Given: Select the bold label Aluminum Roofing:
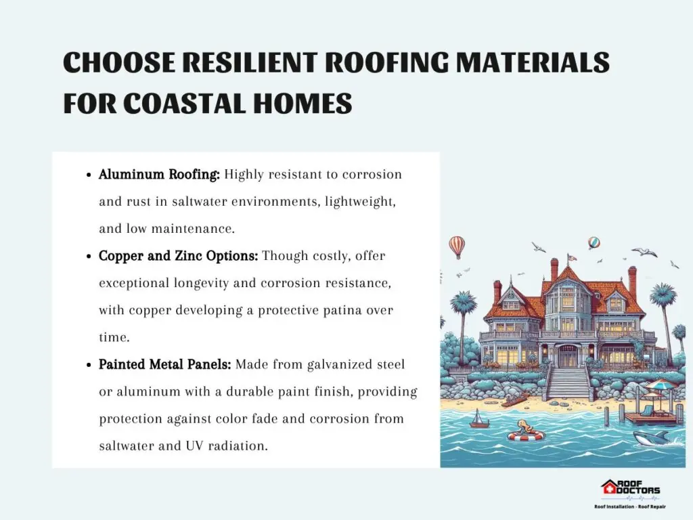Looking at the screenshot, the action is coord(159,174).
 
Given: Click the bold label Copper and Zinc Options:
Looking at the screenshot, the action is coord(178,255).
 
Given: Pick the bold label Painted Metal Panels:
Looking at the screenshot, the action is coord(165,364).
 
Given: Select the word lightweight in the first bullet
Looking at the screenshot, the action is coord(359,202).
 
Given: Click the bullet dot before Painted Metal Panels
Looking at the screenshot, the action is coord(89,365).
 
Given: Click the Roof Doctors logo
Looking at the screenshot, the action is coord(630,493).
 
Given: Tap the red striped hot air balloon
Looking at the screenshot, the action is coord(457,246).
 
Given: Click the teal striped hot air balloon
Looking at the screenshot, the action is coord(594,243).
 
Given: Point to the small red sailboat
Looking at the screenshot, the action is coord(477,418).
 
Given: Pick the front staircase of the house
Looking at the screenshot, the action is coord(568,383).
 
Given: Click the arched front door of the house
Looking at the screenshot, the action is coord(567,353).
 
